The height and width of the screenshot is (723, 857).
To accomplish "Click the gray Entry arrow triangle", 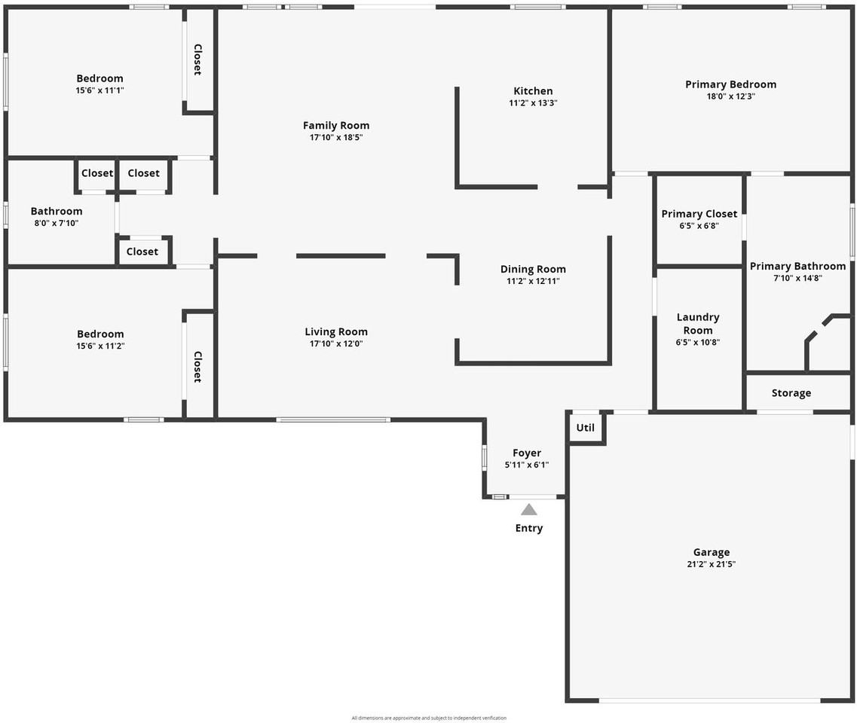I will tap(529, 510).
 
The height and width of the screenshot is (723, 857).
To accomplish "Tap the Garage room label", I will tap(712, 552).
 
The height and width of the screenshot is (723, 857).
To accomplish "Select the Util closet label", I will tap(586, 428).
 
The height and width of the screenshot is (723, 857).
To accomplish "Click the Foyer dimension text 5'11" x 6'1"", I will tap(527, 465).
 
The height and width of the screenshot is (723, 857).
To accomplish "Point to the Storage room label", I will tap(791, 393).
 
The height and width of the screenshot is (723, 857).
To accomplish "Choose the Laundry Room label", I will tap(698, 324).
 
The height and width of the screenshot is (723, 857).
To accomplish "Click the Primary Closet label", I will tap(699, 214).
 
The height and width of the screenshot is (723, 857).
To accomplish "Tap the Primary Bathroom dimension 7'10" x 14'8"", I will tap(797, 278).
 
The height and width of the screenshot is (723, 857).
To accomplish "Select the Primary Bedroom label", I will tap(730, 84).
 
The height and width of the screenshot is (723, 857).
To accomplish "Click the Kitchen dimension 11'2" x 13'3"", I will tap(533, 103).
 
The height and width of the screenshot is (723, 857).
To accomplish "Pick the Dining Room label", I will tap(533, 269).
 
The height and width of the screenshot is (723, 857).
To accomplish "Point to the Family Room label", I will tap(336, 126).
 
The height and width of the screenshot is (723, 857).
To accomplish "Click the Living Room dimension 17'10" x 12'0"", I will tap(336, 343).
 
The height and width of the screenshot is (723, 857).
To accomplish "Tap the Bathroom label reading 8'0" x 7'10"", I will tap(57, 223).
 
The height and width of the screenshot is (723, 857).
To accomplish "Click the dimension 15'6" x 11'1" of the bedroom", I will tap(99, 90).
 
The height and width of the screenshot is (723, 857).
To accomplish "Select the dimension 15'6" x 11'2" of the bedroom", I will tap(99, 346).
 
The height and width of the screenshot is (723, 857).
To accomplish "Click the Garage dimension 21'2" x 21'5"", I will tap(712, 564).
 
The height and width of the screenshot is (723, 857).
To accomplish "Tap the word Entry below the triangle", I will tap(529, 528).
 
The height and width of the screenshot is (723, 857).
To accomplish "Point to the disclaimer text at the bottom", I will tap(429, 718).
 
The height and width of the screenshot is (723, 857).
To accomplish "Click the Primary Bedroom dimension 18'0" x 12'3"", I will tap(730, 96).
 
